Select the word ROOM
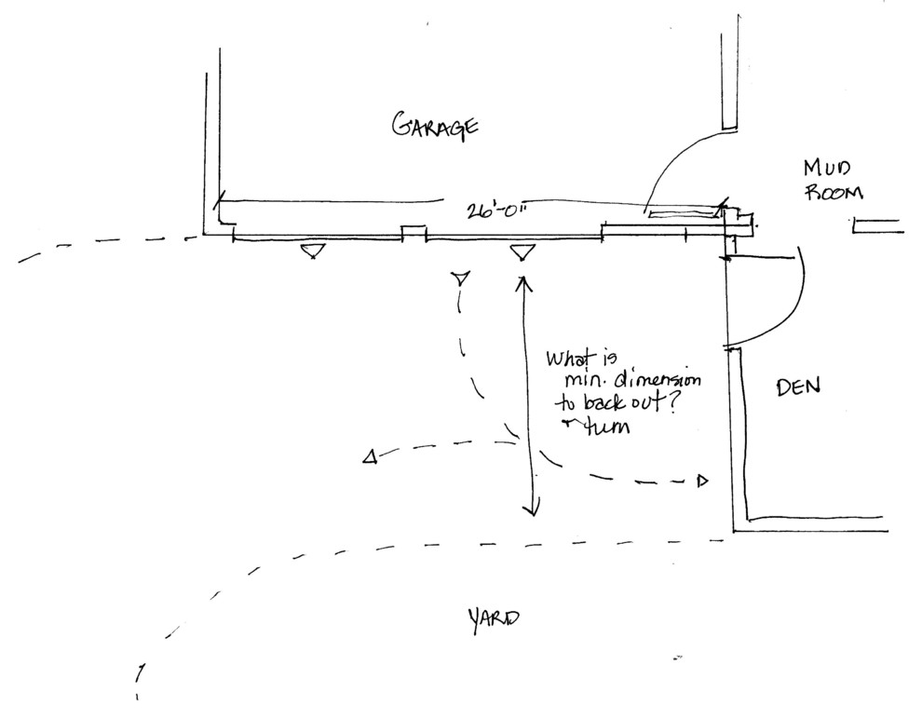point(834,193)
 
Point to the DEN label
point(797,387)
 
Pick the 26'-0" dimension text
point(497,210)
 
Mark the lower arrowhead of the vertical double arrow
point(531,508)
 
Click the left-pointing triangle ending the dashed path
point(370,456)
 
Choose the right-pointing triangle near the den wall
point(703,481)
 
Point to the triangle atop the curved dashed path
point(459,278)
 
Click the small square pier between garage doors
point(413,232)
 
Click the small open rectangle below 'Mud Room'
point(876,224)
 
